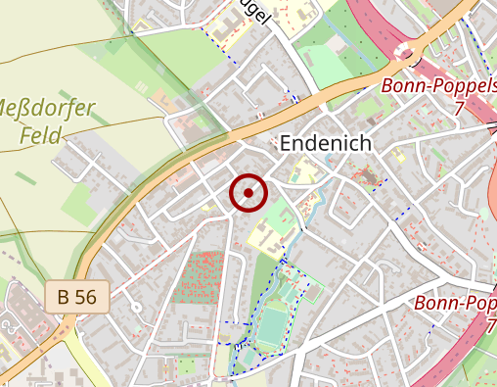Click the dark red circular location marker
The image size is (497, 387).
pyautogui.click(x=248, y=193)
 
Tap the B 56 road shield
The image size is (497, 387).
pyautogui.click(x=77, y=297)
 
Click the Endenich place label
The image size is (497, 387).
pyautogui.click(x=326, y=143)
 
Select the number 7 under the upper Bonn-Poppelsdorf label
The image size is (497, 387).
pyautogui.click(x=458, y=110)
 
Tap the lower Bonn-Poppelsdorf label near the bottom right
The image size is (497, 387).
pyautogui.click(x=455, y=304)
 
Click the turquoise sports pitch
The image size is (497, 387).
pyautogui.click(x=273, y=327)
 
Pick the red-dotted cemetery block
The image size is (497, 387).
pyautogui.click(x=199, y=277)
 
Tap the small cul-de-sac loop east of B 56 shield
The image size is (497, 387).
pyautogui.click(x=136, y=308)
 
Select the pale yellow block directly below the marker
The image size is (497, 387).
pyautogui.click(x=262, y=234)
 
